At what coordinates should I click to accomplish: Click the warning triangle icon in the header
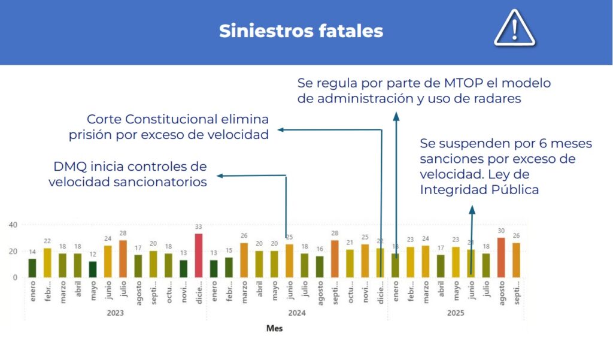coord(514,29)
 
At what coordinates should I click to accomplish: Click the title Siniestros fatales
coord(301,31)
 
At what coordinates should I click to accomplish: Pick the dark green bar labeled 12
coord(93,270)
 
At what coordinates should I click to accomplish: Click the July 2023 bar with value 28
coord(123,259)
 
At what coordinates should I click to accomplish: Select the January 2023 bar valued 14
coord(32,268)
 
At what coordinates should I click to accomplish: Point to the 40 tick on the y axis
coord(13,225)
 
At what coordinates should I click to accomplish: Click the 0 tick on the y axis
coord(15,277)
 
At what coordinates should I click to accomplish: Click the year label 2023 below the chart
coord(116,313)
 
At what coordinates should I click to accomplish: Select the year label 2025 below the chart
coord(456,313)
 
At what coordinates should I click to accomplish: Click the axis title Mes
coord(274,328)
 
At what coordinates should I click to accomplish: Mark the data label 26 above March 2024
coord(244,236)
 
